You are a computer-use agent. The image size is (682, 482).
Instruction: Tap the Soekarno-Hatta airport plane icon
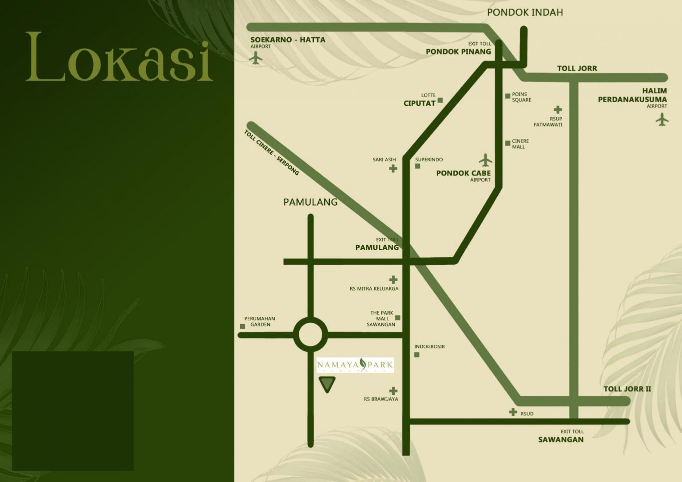point(255,58)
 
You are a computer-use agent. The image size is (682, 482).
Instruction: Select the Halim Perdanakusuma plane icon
point(662,120)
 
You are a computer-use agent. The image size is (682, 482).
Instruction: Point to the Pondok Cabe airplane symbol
point(486,160)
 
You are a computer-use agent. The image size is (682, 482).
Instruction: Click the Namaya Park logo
point(355,365)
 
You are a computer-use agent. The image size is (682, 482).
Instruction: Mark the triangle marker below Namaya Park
point(327,383)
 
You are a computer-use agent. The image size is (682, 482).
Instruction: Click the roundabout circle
point(310,335)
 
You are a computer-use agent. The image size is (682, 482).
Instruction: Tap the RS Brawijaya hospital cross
point(393,391)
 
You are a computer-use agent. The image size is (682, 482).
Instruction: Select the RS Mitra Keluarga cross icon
point(393,280)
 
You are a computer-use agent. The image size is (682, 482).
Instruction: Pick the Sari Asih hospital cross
point(393,168)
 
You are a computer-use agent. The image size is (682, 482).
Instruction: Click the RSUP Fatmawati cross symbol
point(558,109)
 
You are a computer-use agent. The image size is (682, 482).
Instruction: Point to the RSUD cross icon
point(513,412)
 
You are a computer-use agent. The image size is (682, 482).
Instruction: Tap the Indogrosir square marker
point(416,355)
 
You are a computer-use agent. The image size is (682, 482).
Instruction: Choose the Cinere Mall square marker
point(508,143)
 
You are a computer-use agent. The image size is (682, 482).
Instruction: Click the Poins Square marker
point(508,96)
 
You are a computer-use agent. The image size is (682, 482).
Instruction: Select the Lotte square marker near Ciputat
point(440,100)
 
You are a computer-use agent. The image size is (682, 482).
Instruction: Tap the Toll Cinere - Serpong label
point(271,152)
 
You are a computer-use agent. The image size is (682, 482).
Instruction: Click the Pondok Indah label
point(525,12)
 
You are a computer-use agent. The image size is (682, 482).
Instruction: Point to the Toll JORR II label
point(627,389)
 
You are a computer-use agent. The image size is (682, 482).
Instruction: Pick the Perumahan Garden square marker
point(242,327)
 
